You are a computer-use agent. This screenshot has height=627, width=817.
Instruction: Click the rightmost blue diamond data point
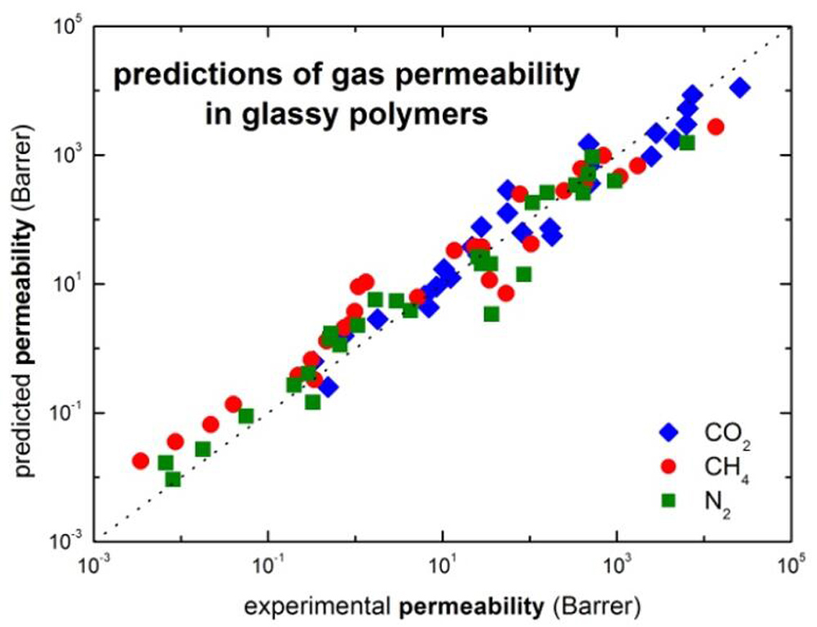tap(740, 88)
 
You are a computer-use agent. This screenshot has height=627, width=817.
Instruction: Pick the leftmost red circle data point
tap(141, 461)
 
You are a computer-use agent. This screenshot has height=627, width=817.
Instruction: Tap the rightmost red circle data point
tap(716, 127)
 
